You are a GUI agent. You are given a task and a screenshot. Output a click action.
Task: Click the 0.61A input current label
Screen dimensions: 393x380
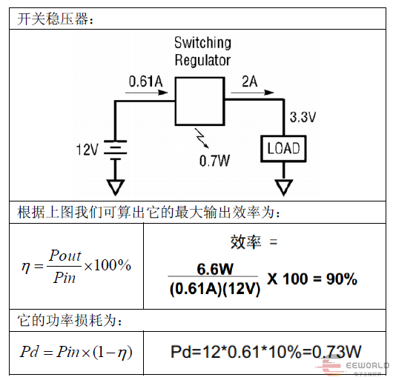145,81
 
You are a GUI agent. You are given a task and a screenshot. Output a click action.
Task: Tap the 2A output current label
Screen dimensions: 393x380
249,81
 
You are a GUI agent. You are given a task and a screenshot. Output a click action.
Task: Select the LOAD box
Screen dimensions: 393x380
283,149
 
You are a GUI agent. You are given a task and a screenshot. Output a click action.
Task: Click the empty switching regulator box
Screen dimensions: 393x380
199,101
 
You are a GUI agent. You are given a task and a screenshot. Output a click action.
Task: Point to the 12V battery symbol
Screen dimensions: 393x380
115,150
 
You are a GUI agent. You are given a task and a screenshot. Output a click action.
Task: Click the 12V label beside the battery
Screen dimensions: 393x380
87,150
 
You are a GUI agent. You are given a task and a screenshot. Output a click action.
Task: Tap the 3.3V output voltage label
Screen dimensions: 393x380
303,117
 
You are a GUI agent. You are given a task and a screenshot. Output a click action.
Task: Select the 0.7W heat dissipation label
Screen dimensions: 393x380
214,161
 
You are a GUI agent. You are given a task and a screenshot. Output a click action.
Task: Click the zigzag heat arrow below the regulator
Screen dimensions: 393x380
202,139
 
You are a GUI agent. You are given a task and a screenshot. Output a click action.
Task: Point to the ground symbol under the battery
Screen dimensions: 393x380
115,187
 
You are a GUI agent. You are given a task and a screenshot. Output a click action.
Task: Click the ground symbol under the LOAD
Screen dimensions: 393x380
284,187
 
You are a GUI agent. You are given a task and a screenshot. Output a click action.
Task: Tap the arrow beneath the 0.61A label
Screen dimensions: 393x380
146,93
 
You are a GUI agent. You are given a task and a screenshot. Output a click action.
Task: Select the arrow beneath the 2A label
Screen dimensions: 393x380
252,93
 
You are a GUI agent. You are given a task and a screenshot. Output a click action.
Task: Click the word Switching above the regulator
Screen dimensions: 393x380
202,43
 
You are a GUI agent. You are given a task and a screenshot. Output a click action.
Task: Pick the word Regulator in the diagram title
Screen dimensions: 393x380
202,60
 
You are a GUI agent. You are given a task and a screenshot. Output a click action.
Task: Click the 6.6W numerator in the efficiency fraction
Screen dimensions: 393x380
215,269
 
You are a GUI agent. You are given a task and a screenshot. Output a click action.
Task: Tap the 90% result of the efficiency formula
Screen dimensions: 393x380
342,279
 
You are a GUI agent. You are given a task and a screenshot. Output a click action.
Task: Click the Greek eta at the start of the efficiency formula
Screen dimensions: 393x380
25,267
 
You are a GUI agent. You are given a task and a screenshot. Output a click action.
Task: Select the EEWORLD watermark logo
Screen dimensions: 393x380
353,367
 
